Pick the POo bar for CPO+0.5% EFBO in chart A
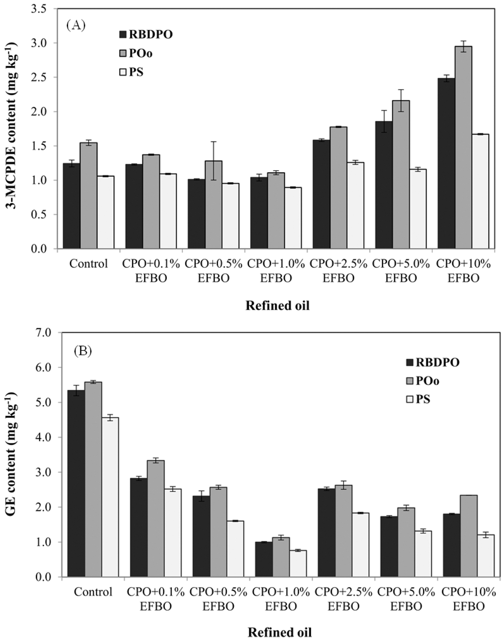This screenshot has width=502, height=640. coord(213,205)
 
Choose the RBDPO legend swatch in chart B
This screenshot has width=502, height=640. coord(410,362)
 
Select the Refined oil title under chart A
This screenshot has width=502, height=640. coord(277,306)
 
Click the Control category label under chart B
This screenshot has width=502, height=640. coord(93,592)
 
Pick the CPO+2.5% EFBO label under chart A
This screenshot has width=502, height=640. coord(338,270)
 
